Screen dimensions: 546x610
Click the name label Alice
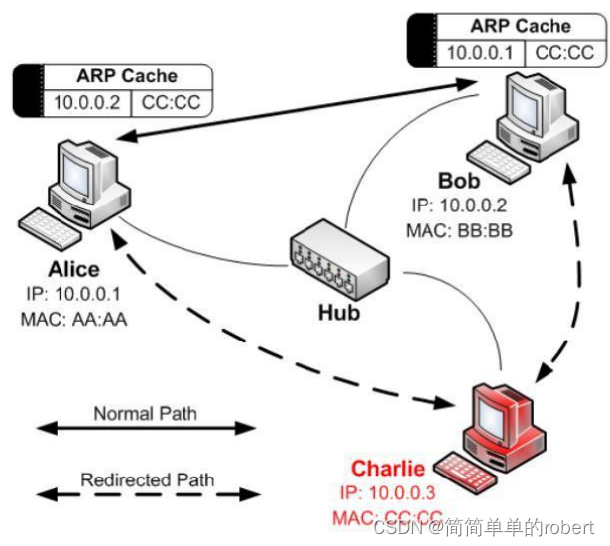[x=73, y=270]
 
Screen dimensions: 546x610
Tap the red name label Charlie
[x=388, y=469]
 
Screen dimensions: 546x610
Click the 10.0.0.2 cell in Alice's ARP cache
[x=87, y=102]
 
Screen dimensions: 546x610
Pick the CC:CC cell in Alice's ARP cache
[x=171, y=102]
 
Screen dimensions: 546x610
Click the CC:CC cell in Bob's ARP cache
[x=564, y=53]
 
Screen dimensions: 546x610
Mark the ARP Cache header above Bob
[x=521, y=26]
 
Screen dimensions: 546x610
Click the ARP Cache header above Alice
[x=127, y=75]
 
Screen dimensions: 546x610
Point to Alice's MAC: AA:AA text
[x=74, y=319]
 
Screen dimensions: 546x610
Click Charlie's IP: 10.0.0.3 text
[x=388, y=493]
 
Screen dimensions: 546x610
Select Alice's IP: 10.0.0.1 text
[x=74, y=295]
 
